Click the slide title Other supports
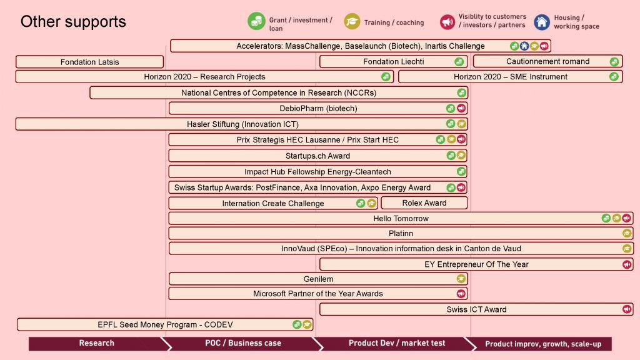point(73,22)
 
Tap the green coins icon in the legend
point(256,21)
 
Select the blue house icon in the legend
point(542,22)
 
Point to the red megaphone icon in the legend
point(447,22)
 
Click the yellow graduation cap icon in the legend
point(352,22)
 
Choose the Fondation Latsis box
point(90,62)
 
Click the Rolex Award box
point(424,203)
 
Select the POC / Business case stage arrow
point(242,343)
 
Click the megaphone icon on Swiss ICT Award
point(627,309)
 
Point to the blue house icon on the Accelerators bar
point(524,46)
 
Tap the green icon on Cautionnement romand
point(614,62)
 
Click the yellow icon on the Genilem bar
point(461,279)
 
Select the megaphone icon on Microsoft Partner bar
point(461,294)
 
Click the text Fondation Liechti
point(394,62)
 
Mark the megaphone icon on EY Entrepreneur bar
point(627,264)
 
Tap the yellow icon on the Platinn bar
point(627,234)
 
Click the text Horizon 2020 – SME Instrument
point(510,77)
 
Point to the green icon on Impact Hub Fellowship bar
point(461,171)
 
